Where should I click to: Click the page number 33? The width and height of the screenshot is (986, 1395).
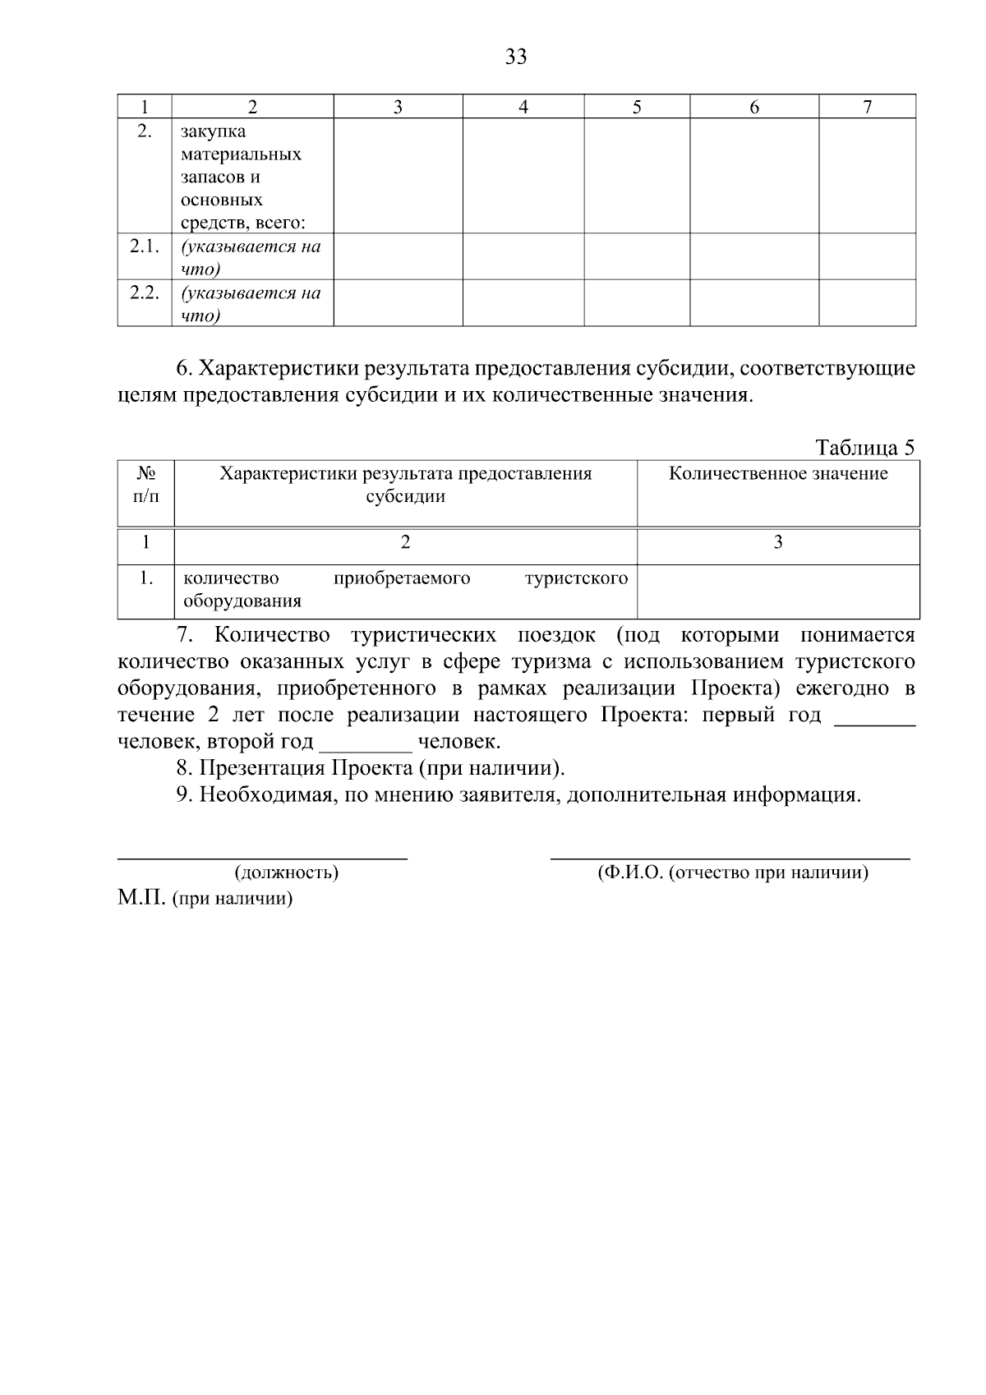click(516, 57)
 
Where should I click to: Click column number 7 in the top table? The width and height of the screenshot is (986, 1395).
click(868, 107)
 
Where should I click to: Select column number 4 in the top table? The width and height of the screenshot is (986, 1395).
click(523, 107)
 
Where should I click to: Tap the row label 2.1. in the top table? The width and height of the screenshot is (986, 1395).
click(144, 246)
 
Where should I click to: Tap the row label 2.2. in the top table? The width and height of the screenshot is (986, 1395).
click(144, 293)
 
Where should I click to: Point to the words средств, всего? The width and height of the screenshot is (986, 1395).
click(243, 223)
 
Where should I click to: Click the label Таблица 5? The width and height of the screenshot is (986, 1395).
click(864, 448)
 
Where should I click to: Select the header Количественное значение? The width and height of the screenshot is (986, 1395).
click(778, 474)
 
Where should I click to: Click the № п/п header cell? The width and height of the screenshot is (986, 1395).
click(145, 485)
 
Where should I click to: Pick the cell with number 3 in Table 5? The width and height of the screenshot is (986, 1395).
click(778, 542)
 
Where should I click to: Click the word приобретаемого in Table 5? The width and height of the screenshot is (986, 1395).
click(402, 578)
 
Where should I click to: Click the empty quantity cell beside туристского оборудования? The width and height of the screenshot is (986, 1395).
click(778, 590)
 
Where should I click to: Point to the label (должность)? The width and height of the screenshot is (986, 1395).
click(287, 872)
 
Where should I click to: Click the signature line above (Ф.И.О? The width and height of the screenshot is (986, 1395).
click(730, 858)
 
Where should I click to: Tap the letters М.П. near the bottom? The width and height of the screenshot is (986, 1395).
click(141, 898)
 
